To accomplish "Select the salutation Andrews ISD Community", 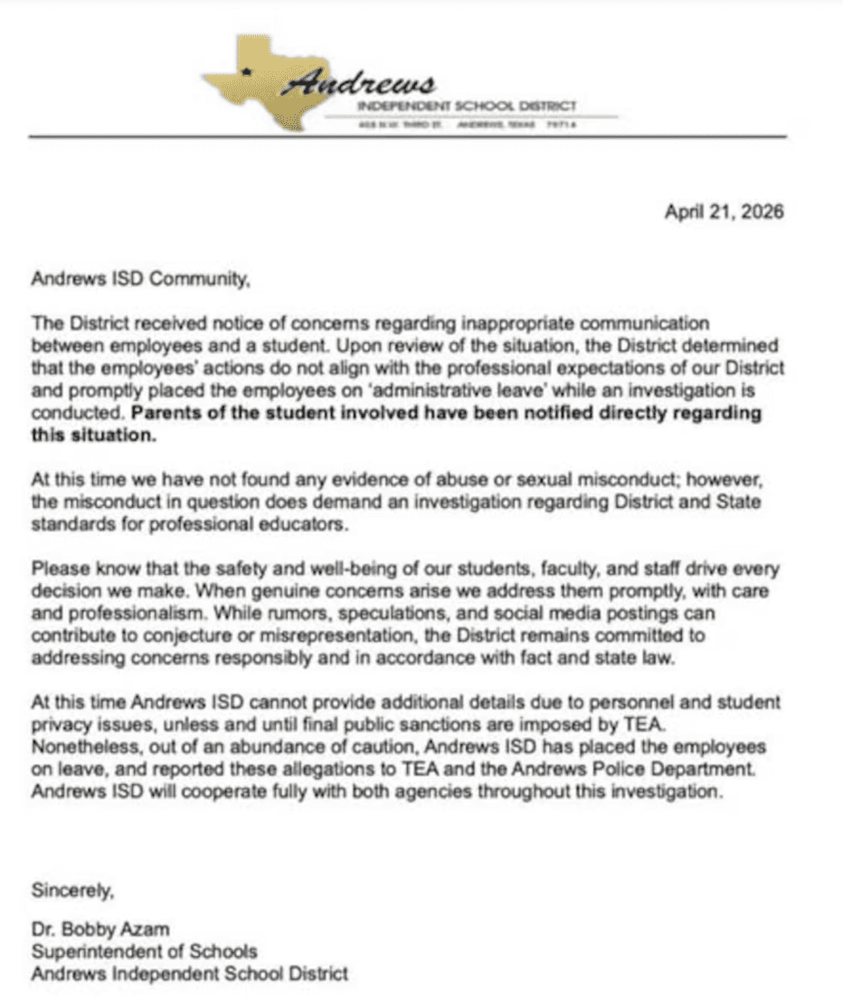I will coord(139,281).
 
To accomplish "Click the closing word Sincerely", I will coord(73,889).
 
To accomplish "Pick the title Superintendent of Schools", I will coord(144,952).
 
